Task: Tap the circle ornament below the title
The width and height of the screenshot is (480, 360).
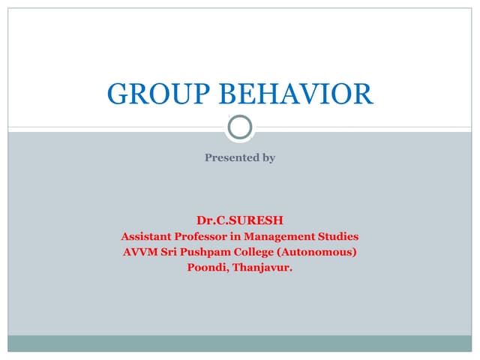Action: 240,127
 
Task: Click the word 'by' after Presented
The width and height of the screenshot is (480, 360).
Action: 268,158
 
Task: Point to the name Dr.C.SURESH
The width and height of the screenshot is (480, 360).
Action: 240,220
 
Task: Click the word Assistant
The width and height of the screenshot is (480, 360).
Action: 149,236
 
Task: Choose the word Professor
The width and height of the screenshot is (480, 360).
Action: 212,236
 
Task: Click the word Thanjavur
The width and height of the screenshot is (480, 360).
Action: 262,266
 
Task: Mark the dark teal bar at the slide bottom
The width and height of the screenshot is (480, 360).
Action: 240,343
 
